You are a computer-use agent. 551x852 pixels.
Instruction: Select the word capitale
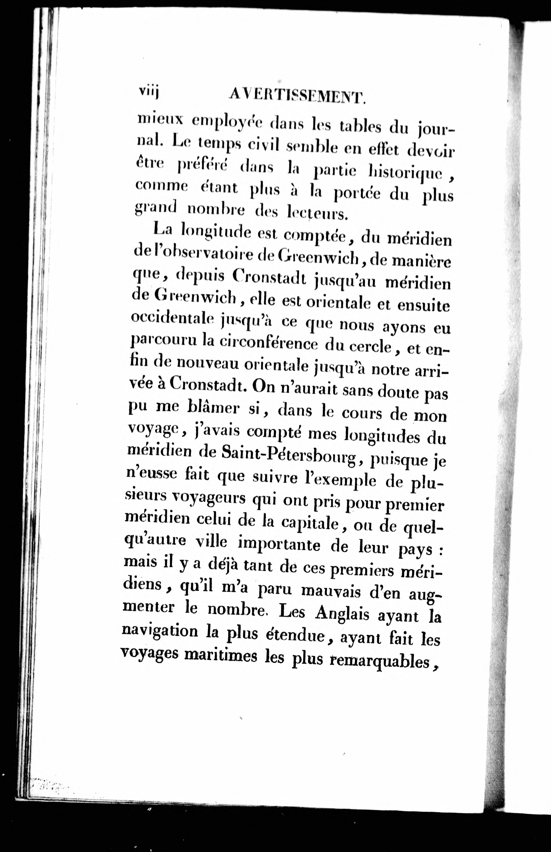(x=310, y=524)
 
